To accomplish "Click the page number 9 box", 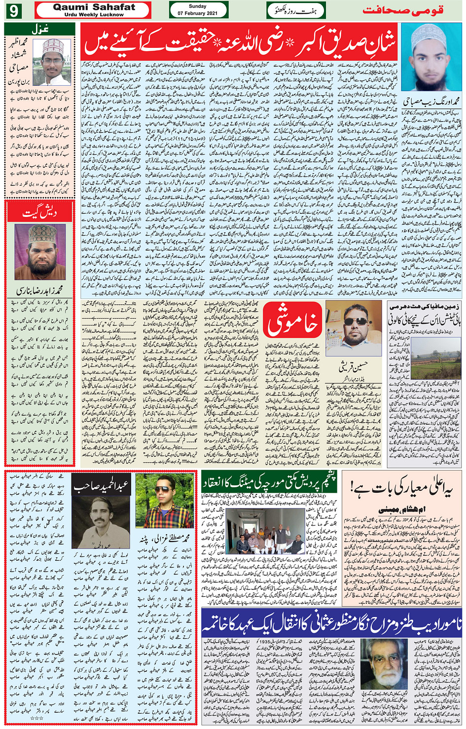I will click(13, 10).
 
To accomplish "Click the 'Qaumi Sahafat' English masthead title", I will click(94, 7).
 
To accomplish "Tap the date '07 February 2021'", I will click(198, 13).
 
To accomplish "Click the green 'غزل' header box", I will click(39, 29).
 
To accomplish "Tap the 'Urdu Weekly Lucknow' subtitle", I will click(94, 15).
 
